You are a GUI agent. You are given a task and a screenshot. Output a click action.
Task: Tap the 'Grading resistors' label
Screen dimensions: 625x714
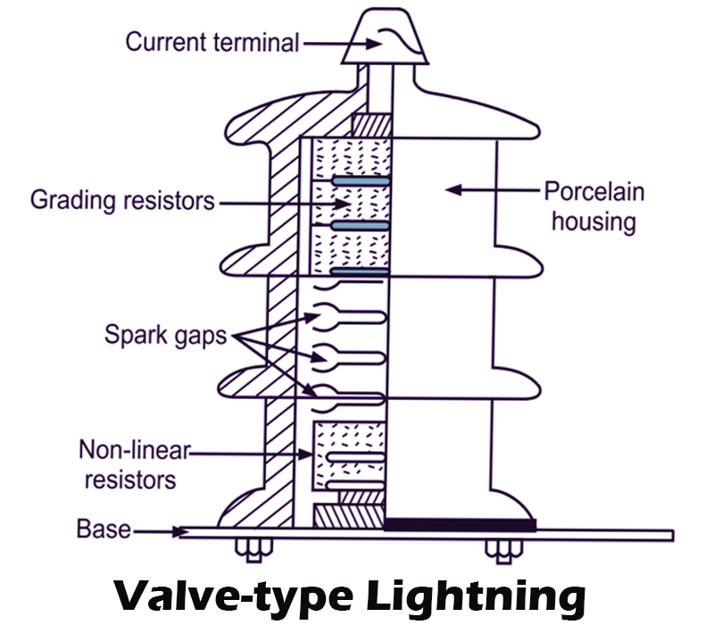tap(122, 199)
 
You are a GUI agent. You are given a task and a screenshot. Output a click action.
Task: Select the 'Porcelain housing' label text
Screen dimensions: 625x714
tap(594, 206)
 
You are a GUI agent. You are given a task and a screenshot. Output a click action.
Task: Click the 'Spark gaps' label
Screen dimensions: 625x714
tap(164, 335)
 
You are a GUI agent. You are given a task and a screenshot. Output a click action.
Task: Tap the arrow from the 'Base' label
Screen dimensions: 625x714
tap(161, 531)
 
